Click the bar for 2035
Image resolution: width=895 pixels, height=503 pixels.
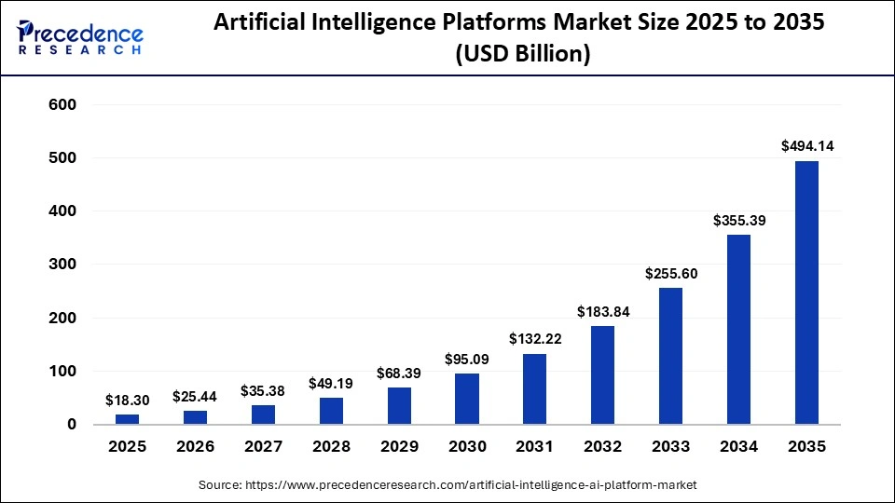[x=806, y=292]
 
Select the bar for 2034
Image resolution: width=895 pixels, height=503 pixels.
[x=738, y=330]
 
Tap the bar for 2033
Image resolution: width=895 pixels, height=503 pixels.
[x=670, y=356]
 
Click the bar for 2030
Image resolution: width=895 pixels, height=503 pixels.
[x=466, y=399]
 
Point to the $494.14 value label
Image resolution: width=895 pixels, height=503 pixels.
[x=806, y=145]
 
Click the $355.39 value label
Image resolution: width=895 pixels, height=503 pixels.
[x=738, y=220]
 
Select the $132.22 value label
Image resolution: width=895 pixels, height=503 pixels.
[x=534, y=339]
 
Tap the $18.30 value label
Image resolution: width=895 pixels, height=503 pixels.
[x=127, y=400]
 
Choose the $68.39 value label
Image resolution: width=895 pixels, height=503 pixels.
[x=398, y=373]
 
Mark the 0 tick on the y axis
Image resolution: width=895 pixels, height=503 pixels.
[x=70, y=425]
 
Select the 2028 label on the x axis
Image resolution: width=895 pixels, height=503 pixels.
[x=331, y=447]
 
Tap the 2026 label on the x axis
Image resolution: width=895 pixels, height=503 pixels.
[x=195, y=447]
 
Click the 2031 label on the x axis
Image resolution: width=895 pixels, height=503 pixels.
[x=534, y=447]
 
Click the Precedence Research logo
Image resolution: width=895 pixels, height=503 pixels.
[x=80, y=37]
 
